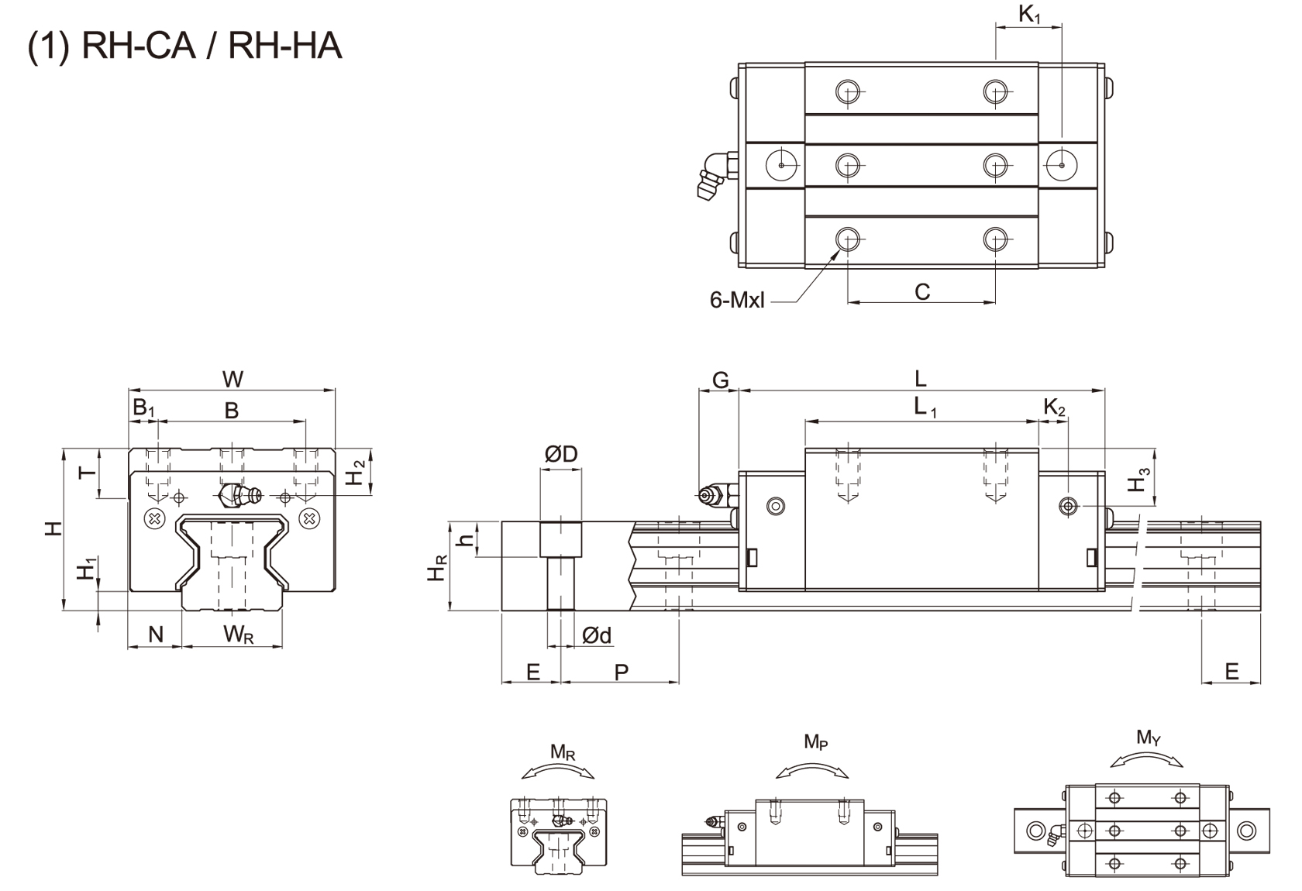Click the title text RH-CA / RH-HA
pyautogui.click(x=184, y=46)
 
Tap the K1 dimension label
pyautogui.click(x=1029, y=15)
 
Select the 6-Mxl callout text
pyautogui.click(x=736, y=300)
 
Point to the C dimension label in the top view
pyautogui.click(x=921, y=292)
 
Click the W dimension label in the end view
pyautogui.click(x=232, y=379)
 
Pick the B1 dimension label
pyautogui.click(x=144, y=408)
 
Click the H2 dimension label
pyautogui.click(x=355, y=473)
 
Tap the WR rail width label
pyautogui.click(x=238, y=635)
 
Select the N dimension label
pyautogui.click(x=155, y=635)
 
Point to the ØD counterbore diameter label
pyautogui.click(x=560, y=454)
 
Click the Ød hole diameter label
pyautogui.click(x=596, y=636)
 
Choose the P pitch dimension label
pyautogui.click(x=621, y=672)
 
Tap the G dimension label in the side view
pyautogui.click(x=720, y=380)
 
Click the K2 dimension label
pyautogui.click(x=1054, y=408)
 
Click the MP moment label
pyautogui.click(x=815, y=742)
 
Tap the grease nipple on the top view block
pyautogui.click(x=710, y=175)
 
